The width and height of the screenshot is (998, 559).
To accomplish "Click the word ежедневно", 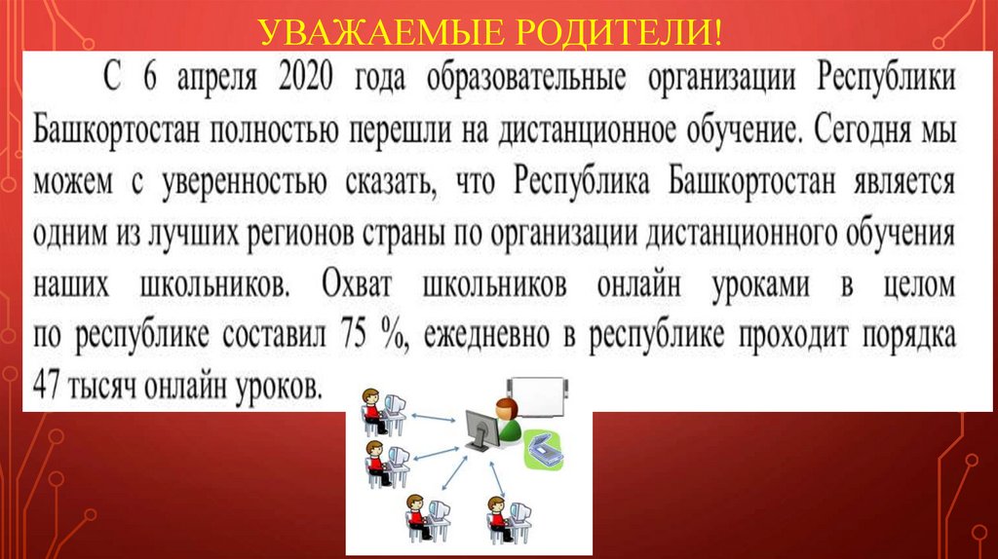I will (x=482, y=337).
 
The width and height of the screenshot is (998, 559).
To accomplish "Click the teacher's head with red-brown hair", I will (x=506, y=407).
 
